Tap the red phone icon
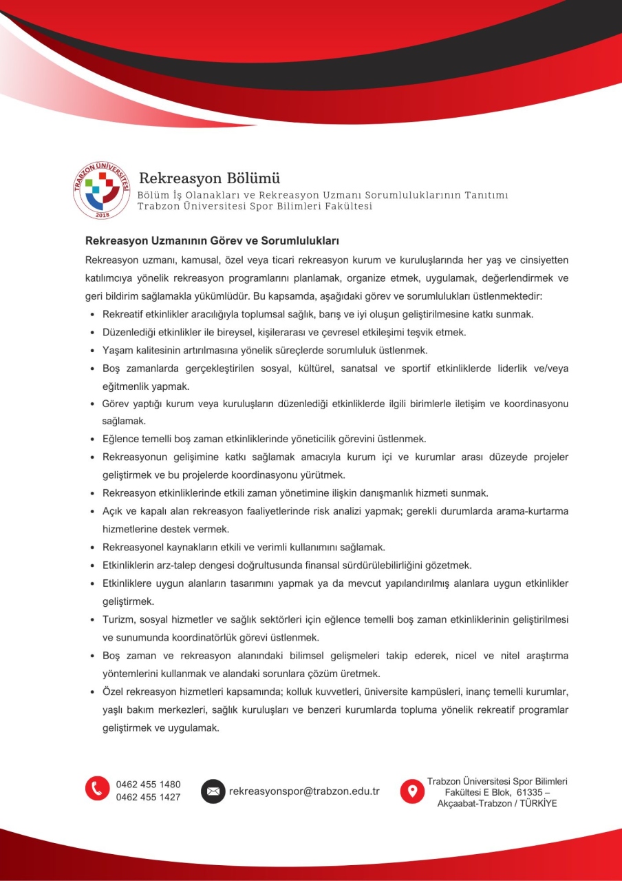click(x=98, y=789)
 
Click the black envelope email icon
click(x=213, y=791)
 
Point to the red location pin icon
click(x=412, y=791)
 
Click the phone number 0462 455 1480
click(x=149, y=785)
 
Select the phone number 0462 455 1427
click(x=149, y=797)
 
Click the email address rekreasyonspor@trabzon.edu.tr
click(x=304, y=791)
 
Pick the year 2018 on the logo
click(x=102, y=216)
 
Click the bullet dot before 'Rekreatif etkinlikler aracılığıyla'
click(x=93, y=315)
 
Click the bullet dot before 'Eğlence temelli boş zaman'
click(x=93, y=439)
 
